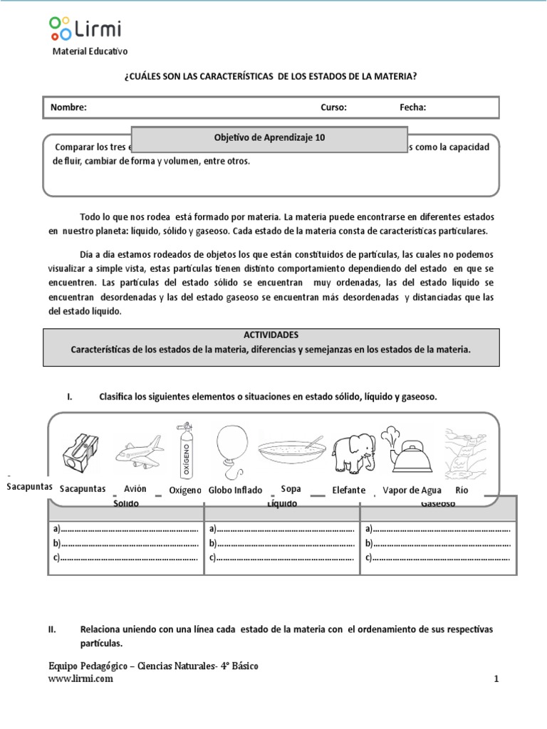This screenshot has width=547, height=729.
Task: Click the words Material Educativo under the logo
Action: click(90, 51)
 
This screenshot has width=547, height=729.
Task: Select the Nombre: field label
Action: click(68, 107)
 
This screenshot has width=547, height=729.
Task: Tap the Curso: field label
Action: click(333, 107)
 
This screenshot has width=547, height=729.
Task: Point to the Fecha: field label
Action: click(412, 107)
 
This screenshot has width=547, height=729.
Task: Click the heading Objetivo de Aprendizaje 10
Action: click(270, 138)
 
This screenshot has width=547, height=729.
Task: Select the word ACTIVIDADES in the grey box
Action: click(270, 334)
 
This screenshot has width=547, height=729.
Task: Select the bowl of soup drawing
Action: click(291, 453)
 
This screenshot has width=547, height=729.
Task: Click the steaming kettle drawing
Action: click(402, 451)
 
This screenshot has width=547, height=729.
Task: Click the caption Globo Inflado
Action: click(236, 491)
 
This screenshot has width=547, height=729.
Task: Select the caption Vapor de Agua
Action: click(412, 491)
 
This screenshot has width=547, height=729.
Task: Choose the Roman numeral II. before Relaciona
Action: click(52, 630)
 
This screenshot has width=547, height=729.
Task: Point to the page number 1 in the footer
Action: click(496, 678)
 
